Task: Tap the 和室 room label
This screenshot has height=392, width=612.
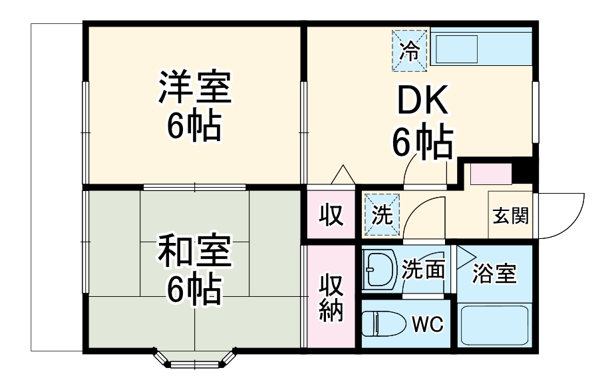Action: (194, 252)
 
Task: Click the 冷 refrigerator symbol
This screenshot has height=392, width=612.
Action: (411, 49)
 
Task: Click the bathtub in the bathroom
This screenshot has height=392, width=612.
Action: (494, 325)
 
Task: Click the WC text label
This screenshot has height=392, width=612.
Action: (427, 325)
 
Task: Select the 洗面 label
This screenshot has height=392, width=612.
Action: (423, 269)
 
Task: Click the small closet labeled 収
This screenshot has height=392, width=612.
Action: (330, 214)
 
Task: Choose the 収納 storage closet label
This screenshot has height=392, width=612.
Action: (330, 297)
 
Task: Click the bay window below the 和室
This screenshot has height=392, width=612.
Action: (196, 359)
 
